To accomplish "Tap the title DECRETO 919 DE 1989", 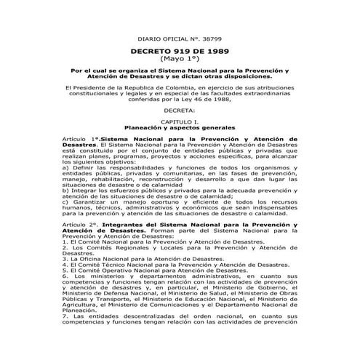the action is [x=179, y=52].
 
